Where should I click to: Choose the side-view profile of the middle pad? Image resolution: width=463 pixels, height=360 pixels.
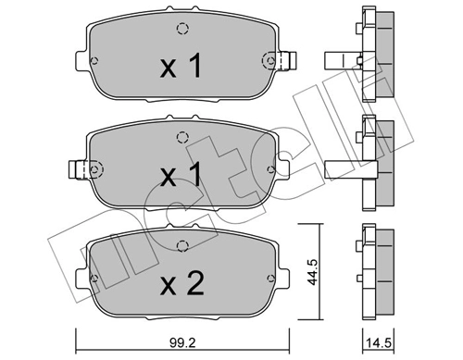pyautogui.click(x=370, y=167)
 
